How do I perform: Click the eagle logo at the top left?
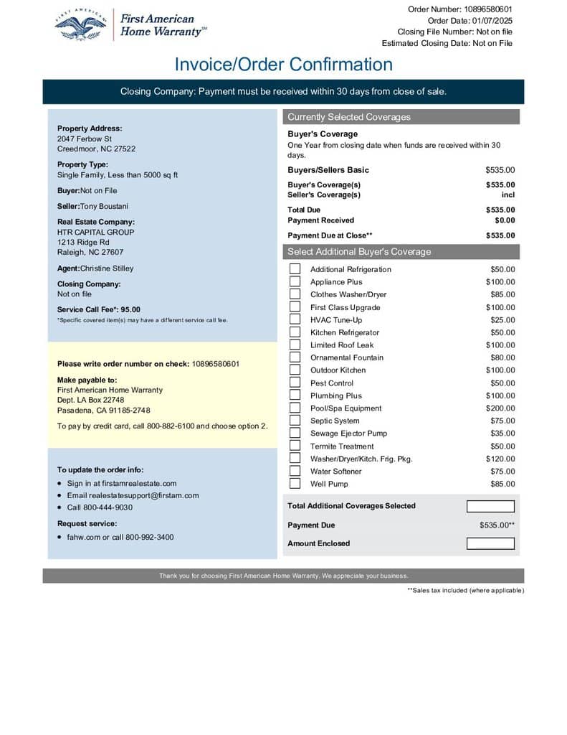point(80,26)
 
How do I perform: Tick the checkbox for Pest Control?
point(295,383)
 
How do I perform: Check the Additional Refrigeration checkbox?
point(295,269)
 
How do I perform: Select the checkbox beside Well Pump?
point(295,484)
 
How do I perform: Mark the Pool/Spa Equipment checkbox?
point(295,408)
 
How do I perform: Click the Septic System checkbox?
point(295,421)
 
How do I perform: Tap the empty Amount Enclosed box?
point(490,543)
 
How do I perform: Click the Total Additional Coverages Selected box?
point(490,506)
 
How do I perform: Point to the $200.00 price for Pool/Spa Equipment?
point(500,408)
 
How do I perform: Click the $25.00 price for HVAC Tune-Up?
point(502,320)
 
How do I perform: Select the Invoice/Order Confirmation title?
point(283,65)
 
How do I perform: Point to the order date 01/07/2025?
point(491,21)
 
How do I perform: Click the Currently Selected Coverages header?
point(349,117)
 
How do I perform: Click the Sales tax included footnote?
point(465,590)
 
